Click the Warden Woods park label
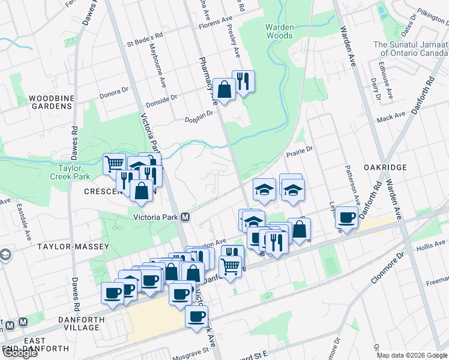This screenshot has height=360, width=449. click(x=280, y=31)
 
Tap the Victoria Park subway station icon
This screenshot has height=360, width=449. click(x=186, y=217)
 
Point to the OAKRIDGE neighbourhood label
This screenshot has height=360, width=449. click(x=385, y=167)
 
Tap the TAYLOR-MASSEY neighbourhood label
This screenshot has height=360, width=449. click(x=73, y=247)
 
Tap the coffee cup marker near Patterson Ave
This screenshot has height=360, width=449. click(x=346, y=217)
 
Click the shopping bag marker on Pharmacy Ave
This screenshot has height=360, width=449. click(x=224, y=90)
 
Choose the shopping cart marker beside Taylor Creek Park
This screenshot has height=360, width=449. click(x=113, y=163)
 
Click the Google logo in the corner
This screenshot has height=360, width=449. click(x=20, y=353)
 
